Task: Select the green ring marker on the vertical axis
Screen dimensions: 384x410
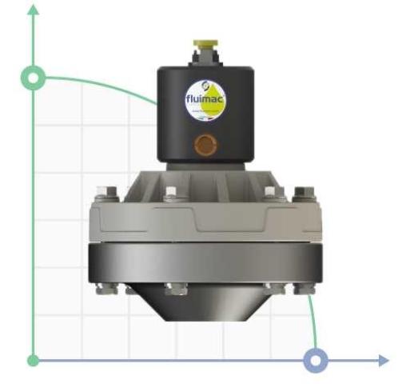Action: coord(34,78)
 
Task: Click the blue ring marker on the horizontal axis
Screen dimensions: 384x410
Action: coord(317,360)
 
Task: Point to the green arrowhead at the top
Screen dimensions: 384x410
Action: coord(34,10)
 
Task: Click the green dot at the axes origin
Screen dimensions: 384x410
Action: coord(34,360)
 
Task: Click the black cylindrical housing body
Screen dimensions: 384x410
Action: coord(172,112)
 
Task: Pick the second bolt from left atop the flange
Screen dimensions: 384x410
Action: coord(169,192)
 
